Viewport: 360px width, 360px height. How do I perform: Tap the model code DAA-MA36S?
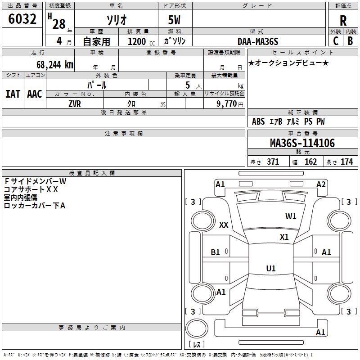click(x=258, y=41)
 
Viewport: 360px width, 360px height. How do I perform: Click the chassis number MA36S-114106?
click(x=302, y=143)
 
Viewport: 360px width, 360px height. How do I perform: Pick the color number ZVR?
click(x=75, y=103)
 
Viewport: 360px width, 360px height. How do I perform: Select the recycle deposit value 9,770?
click(x=227, y=104)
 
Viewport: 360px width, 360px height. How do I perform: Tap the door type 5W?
click(x=175, y=20)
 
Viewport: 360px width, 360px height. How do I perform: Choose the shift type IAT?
click(x=13, y=94)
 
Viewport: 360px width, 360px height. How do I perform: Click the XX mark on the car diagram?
click(x=224, y=225)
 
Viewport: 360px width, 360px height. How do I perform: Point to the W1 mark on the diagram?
click(x=291, y=216)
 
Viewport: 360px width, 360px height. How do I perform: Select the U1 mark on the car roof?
click(x=270, y=269)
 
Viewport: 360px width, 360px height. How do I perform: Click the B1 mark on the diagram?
click(x=216, y=252)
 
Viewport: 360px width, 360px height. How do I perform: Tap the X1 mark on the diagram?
click(x=284, y=237)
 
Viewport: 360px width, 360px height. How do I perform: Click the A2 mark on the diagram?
click(x=321, y=184)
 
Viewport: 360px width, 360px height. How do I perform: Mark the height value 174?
click(x=346, y=162)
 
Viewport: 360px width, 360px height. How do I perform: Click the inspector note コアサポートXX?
click(x=31, y=189)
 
